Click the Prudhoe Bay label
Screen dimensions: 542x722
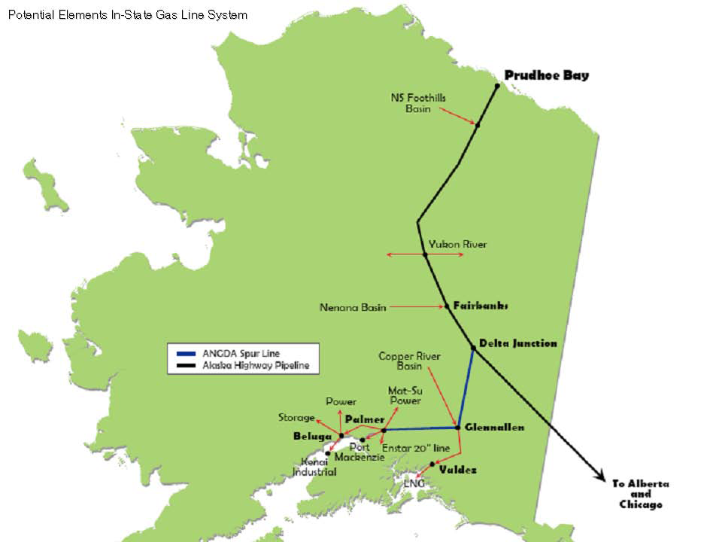[546, 75]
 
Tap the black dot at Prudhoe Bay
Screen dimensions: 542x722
[497, 87]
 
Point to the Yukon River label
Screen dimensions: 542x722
[457, 244]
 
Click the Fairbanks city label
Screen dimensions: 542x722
[481, 306]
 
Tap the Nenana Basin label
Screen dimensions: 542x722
[353, 307]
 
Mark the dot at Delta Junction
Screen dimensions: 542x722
[473, 347]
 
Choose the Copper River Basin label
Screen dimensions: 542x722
[409, 361]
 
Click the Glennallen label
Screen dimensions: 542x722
[494, 427]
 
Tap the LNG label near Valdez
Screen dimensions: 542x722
[414, 483]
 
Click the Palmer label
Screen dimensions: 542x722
[365, 419]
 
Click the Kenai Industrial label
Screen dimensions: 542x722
[314, 467]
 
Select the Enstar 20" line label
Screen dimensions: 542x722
[416, 449]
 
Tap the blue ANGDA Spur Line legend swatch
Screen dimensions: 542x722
[184, 353]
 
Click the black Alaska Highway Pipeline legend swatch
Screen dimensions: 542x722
[184, 367]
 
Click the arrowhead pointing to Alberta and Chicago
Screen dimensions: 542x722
[602, 475]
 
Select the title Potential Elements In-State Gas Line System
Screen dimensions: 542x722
[127, 14]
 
